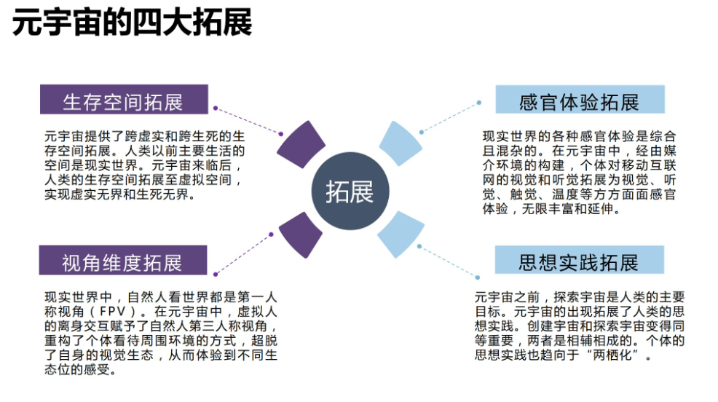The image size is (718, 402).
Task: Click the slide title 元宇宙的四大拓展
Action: [x=132, y=23]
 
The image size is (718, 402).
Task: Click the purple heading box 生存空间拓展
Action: [x=123, y=100]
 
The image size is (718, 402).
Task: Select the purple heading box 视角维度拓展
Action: [x=123, y=261]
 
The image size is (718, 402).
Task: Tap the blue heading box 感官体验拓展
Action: [x=580, y=100]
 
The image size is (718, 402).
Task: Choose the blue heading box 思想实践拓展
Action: [x=580, y=261]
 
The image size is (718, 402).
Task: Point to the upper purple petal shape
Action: [x=301, y=146]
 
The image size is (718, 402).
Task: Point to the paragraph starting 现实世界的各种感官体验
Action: [x=579, y=173]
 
